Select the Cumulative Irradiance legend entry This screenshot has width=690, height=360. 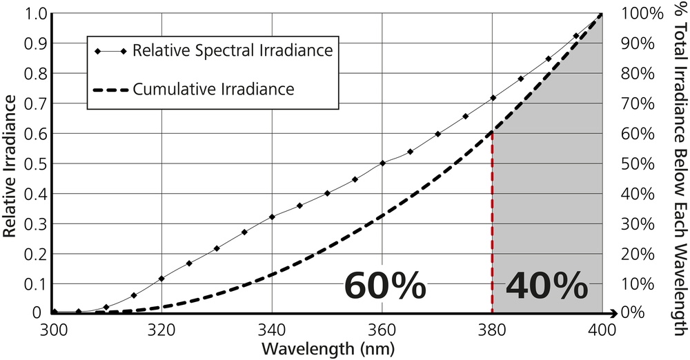pyautogui.click(x=213, y=89)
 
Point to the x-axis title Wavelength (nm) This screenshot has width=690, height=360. pyautogui.click(x=328, y=348)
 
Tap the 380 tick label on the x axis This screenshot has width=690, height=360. pyautogui.click(x=492, y=328)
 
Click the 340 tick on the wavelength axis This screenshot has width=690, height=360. pyautogui.click(x=272, y=328)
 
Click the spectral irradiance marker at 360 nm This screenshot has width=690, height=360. pyautogui.click(x=382, y=163)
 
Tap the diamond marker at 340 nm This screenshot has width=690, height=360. pyautogui.click(x=272, y=217)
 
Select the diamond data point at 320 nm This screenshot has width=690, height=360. pyautogui.click(x=161, y=278)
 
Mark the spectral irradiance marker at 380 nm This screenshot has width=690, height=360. pyautogui.click(x=493, y=98)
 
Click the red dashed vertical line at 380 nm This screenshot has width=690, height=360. pyautogui.click(x=492, y=228)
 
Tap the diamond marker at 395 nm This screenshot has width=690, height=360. pyautogui.click(x=575, y=36)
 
